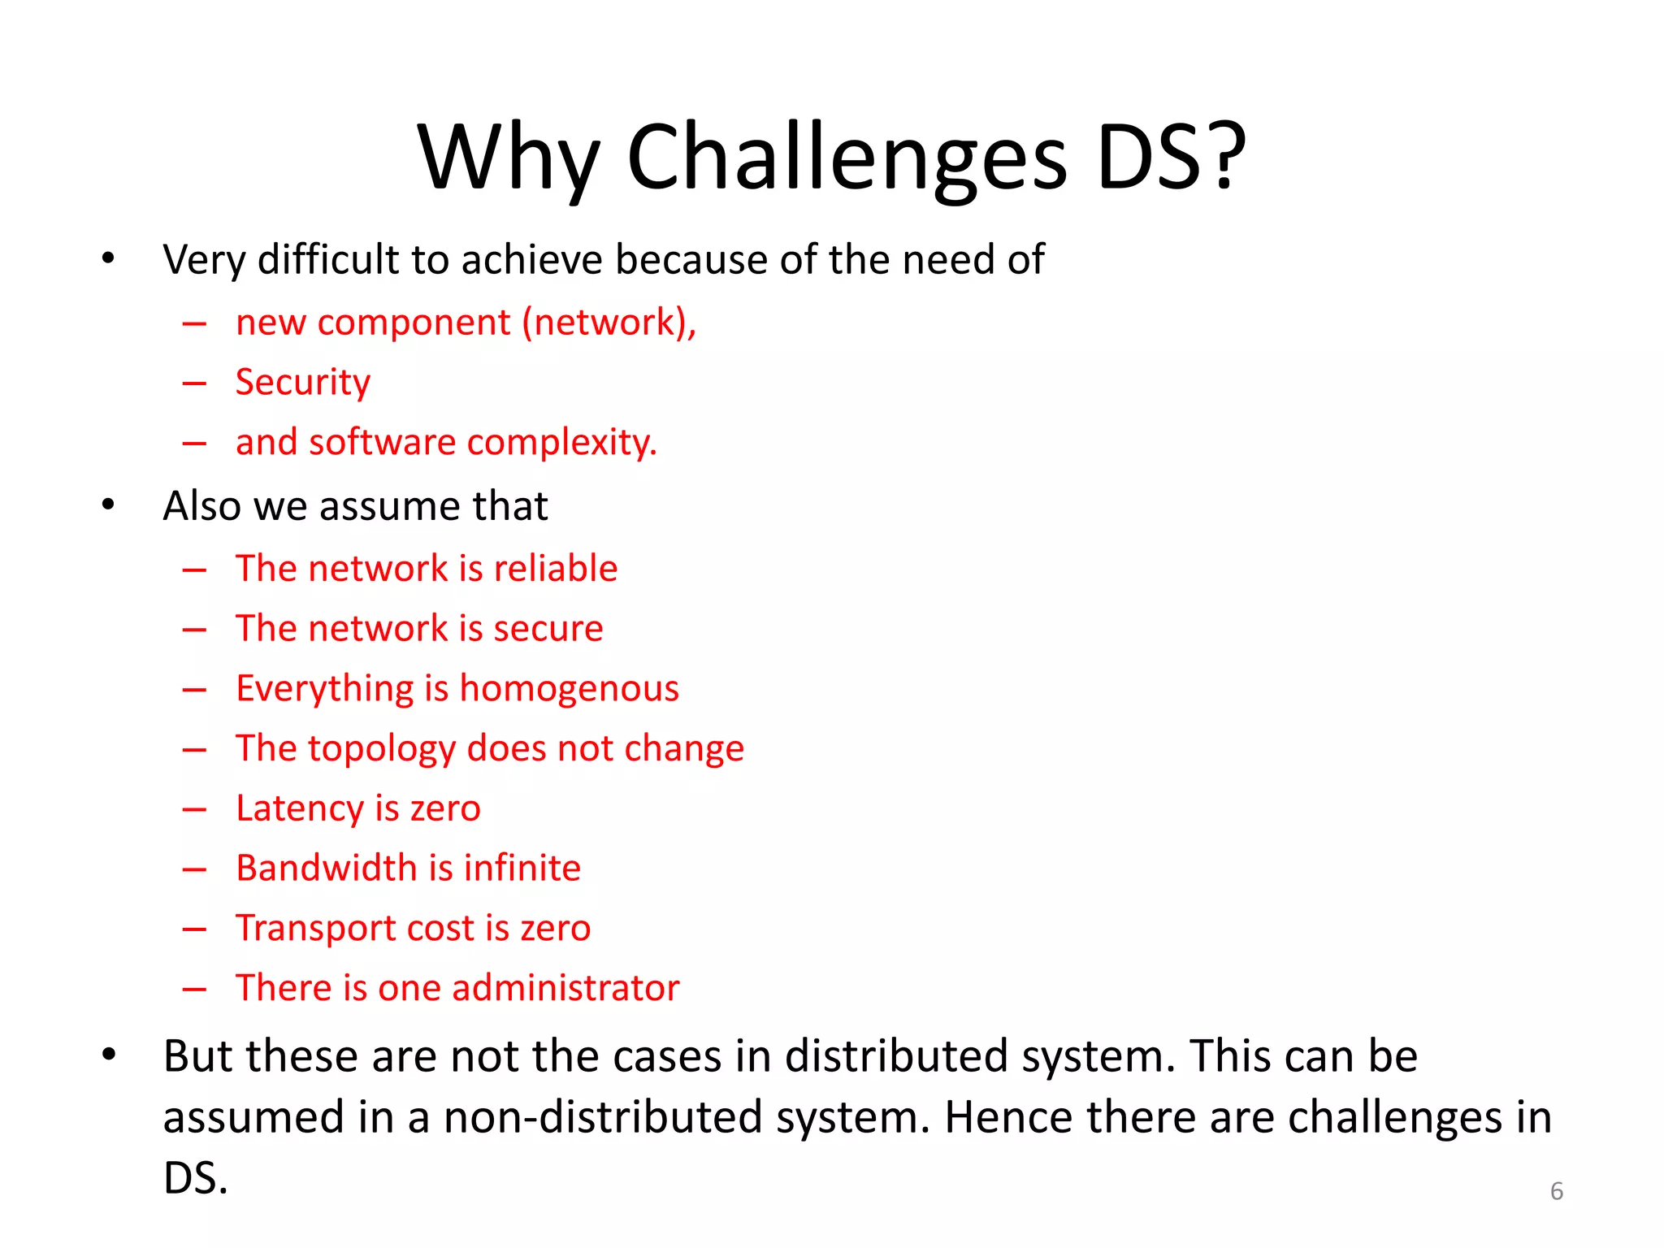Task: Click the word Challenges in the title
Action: click(847, 158)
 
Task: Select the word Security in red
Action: click(302, 383)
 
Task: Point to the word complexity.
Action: click(561, 443)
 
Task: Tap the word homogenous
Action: click(569, 689)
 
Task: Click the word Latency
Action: click(299, 809)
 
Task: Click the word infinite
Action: click(522, 868)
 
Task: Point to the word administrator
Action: click(565, 988)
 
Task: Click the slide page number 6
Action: click(1556, 1191)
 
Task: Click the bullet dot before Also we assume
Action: click(108, 505)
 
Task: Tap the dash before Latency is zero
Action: click(194, 810)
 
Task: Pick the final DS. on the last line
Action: click(195, 1178)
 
